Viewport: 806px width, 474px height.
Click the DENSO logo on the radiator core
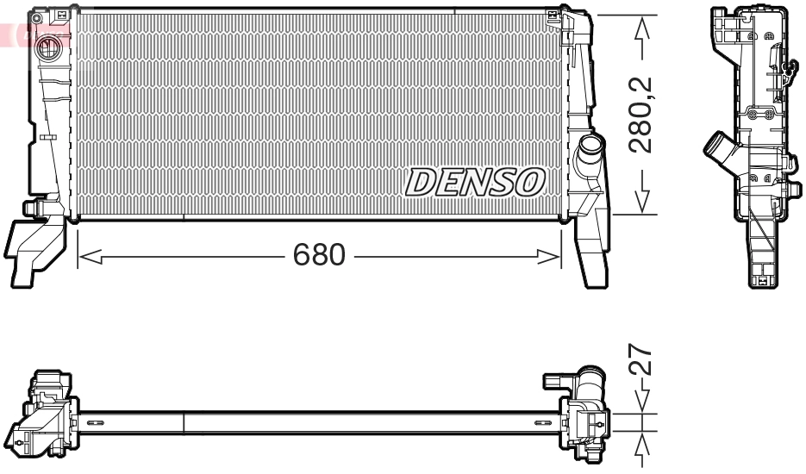[x=475, y=181]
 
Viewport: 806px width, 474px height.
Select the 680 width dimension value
[x=319, y=255]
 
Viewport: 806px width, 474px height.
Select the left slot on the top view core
[x=94, y=422]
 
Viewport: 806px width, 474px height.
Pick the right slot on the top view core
[x=540, y=422]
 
